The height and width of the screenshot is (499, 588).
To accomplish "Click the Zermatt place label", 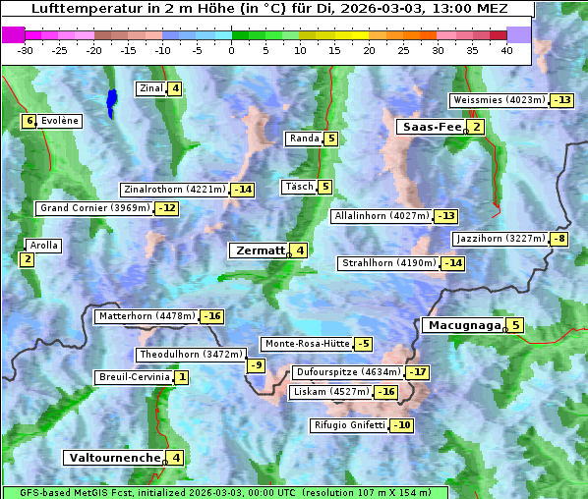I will (260, 250).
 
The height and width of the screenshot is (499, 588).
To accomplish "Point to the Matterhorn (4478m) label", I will (147, 316).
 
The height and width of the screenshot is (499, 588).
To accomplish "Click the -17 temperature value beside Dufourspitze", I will (419, 373).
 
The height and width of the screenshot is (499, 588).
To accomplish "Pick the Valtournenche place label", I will (113, 458).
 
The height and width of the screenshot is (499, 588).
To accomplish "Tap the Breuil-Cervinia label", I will (134, 377).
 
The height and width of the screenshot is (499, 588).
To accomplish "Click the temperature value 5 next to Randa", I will (331, 139).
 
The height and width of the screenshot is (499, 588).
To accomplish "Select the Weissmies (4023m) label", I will (498, 100).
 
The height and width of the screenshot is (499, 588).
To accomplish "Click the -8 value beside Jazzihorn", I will (559, 239).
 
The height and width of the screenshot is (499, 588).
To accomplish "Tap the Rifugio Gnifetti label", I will (349, 425).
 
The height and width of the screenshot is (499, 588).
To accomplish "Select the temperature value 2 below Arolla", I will (27, 259).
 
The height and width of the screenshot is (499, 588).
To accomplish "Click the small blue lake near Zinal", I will (111, 100).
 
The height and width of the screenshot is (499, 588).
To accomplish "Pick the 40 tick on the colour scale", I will (506, 50).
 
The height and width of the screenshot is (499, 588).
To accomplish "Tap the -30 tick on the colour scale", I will (26, 50).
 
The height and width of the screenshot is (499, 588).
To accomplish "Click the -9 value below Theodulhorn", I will (256, 365).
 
